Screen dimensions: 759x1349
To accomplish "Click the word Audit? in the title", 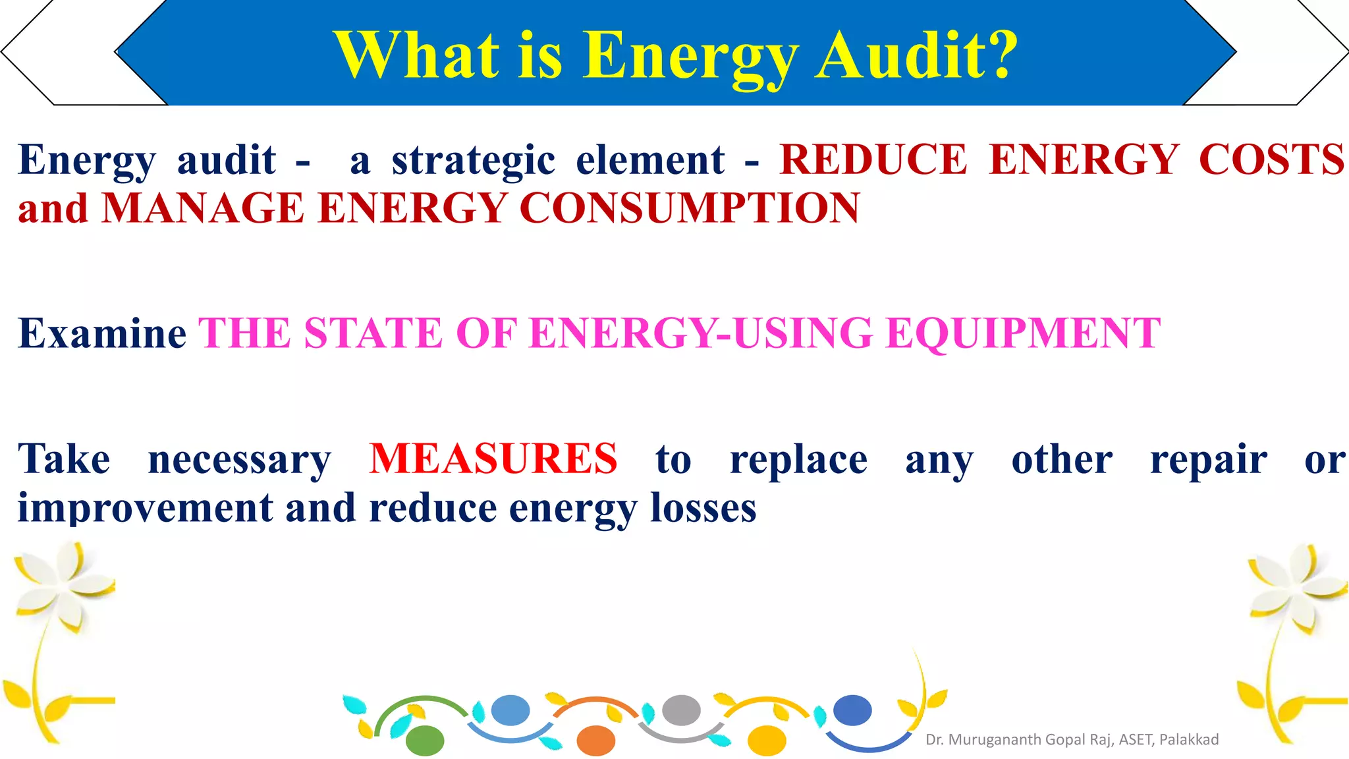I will click(916, 55).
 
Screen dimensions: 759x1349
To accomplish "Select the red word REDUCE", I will click(873, 159).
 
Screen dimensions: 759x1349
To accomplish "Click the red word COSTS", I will click(1271, 159).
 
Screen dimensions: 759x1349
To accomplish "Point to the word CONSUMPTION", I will click(689, 209).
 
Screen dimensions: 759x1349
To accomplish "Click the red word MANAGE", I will click(203, 209).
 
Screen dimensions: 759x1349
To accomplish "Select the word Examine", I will click(102, 333).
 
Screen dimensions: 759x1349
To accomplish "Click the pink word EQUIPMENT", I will click(1023, 333).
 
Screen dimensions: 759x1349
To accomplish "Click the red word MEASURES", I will click(493, 459).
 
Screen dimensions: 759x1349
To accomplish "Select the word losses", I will click(703, 509).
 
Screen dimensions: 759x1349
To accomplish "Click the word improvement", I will click(145, 509).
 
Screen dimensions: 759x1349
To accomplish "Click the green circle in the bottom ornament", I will click(425, 740).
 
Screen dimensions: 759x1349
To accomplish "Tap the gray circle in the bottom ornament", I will click(681, 710).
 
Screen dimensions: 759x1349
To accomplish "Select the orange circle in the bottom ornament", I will click(595, 741).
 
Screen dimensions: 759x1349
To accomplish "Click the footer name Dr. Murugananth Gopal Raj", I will click(1018, 740).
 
